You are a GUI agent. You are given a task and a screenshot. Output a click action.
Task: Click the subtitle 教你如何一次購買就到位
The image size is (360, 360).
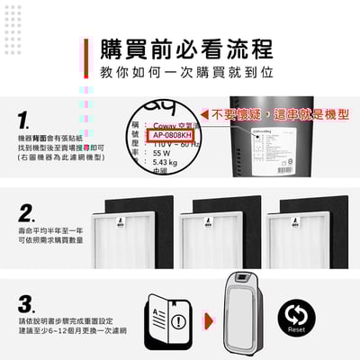pos(185,73)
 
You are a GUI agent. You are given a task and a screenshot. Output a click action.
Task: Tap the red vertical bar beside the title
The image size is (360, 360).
pos(86,58)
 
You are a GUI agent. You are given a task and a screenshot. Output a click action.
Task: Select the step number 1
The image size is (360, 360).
pos(24,121)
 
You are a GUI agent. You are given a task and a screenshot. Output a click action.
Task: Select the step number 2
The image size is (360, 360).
pos(26,213)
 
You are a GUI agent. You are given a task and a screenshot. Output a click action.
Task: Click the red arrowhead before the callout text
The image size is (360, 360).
pos(204,115)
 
